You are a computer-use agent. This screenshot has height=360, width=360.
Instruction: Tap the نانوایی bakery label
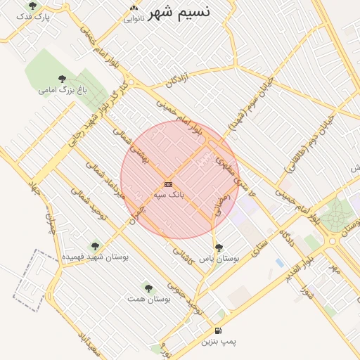[134, 18]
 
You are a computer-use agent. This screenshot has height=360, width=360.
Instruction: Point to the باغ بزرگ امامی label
[62, 90]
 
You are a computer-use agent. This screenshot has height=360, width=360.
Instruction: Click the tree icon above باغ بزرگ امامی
[62, 79]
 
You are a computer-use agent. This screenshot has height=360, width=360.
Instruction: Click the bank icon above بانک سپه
[168, 184]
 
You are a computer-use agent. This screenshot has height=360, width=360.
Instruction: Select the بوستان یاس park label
[219, 259]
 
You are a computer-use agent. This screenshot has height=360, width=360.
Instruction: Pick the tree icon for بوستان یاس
[219, 247]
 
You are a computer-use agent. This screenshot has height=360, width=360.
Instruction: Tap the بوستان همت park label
[148, 299]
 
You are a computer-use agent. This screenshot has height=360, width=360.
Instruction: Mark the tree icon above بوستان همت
[148, 288]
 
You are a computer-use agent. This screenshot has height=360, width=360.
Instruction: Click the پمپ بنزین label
[219, 342]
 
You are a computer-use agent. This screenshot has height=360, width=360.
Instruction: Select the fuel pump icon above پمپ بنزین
[218, 330]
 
